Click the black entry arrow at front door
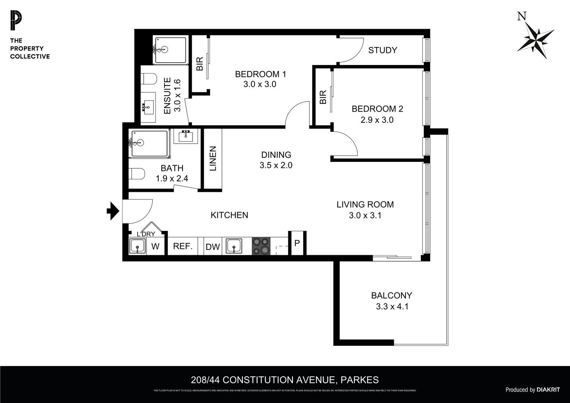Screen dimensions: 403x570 113,211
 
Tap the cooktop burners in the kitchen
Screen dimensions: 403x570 261,246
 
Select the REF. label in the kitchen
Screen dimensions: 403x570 183,246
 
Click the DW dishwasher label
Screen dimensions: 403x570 213,247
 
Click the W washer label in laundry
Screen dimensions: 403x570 155,247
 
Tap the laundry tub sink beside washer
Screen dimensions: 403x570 137,247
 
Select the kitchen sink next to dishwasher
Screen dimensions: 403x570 234,246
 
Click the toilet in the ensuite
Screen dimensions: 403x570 149,79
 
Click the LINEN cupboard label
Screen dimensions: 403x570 213,159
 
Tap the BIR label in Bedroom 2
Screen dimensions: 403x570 323,97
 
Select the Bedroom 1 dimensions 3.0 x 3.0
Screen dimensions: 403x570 260,84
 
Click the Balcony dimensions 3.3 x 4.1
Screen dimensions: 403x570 392,307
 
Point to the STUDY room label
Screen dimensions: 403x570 382,50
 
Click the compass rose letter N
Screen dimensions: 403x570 522,16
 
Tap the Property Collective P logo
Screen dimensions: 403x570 16,21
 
